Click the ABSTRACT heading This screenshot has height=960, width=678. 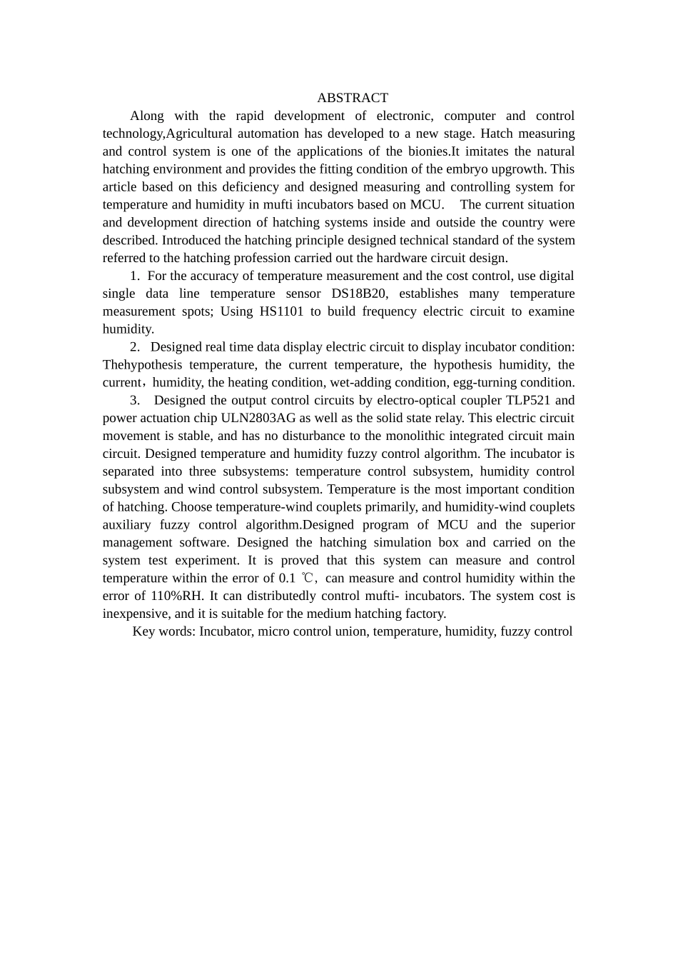click(353, 98)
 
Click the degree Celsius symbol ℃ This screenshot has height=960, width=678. click(307, 579)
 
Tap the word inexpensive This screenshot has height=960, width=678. click(136, 614)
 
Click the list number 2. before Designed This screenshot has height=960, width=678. click(135, 347)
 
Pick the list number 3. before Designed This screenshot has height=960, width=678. click(135, 400)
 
